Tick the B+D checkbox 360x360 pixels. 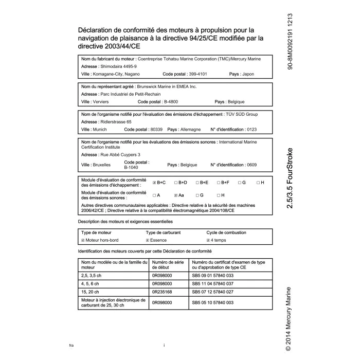[x=175, y=183]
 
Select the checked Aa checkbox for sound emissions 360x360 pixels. [x=176, y=195]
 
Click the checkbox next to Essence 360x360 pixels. [x=148, y=240]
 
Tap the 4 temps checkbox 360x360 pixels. [x=208, y=240]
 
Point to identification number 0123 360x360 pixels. [x=251, y=129]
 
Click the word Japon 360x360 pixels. [x=248, y=74]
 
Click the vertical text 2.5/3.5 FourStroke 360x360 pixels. [x=290, y=178]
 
